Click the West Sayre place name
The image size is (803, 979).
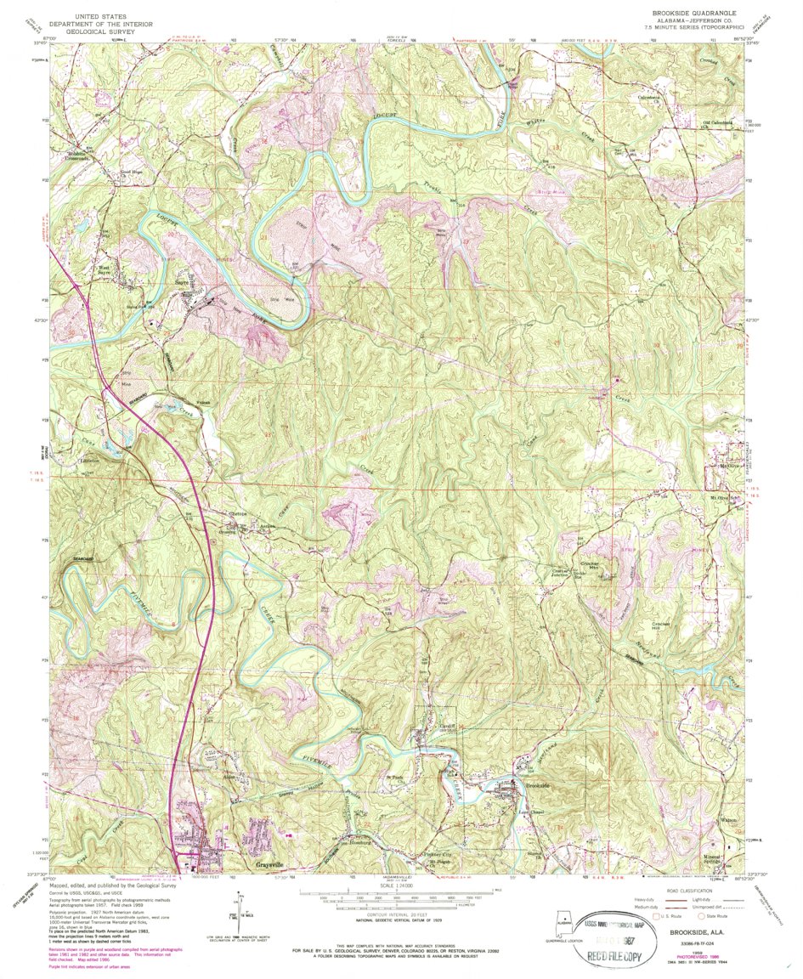coord(105,272)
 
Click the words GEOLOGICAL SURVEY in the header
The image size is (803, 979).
coord(101,31)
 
